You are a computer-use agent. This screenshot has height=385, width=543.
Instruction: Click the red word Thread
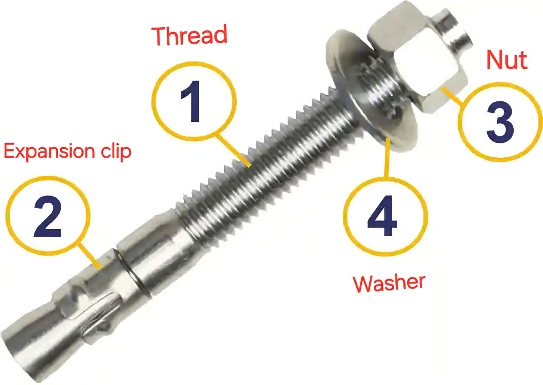point(190,36)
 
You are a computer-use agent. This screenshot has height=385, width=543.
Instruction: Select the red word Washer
point(389,282)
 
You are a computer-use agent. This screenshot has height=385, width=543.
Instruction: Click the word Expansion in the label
point(50,151)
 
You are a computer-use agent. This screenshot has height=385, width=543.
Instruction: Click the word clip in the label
point(115,151)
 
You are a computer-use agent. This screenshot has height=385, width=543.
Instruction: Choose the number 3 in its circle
point(500,122)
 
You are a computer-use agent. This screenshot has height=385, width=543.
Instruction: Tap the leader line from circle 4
point(386,157)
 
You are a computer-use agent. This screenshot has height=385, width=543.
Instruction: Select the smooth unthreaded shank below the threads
point(157,250)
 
